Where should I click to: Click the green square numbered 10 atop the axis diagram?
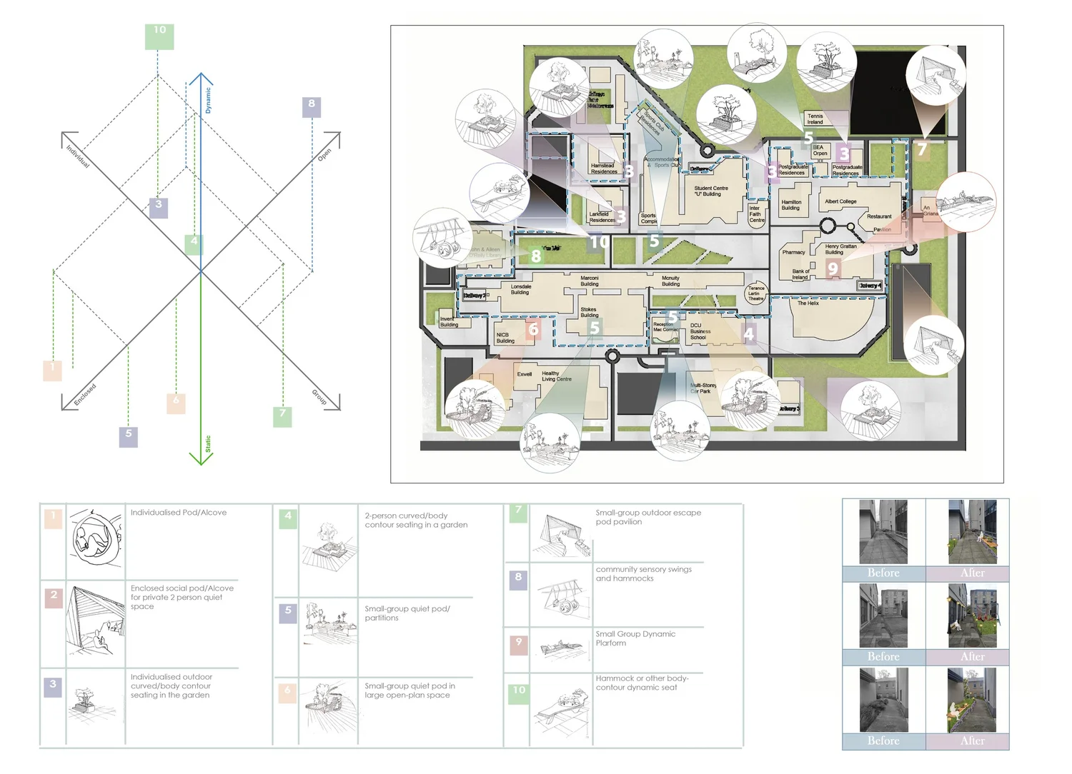click(159, 36)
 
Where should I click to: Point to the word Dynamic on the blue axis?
click(208, 100)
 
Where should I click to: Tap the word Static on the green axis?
click(208, 443)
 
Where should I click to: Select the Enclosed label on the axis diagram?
click(85, 394)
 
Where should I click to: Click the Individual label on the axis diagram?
click(78, 156)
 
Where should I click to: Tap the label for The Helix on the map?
click(808, 303)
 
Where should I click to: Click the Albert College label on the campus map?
click(840, 201)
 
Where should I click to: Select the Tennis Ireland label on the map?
click(815, 119)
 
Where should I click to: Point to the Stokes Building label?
click(589, 312)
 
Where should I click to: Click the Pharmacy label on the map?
click(793, 252)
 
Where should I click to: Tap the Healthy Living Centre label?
click(556, 376)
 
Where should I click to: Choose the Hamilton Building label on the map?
click(791, 205)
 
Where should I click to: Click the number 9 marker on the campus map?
click(833, 268)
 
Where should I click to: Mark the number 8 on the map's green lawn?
click(536, 256)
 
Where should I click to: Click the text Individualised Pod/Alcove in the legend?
click(179, 513)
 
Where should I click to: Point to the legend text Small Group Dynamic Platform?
click(635, 638)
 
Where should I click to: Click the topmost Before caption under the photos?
click(883, 573)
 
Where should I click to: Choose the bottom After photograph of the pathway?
click(972, 700)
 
